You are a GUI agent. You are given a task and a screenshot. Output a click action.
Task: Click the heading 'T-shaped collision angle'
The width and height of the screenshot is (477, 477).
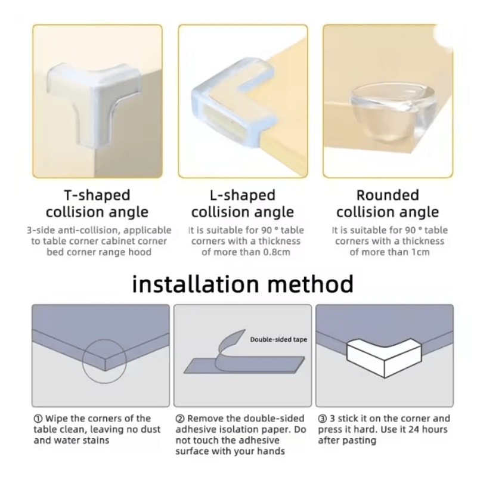(97, 203)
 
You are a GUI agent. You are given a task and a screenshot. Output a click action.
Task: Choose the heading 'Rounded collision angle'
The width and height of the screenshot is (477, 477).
(388, 203)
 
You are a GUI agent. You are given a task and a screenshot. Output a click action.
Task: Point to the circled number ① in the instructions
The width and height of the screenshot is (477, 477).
(38, 419)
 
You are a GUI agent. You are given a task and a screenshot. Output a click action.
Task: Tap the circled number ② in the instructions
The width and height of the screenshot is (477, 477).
(179, 419)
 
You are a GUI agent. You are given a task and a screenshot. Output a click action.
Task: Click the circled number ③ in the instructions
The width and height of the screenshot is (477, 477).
(322, 419)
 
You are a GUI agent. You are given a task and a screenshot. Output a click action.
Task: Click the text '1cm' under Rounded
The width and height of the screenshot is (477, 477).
(419, 252)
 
